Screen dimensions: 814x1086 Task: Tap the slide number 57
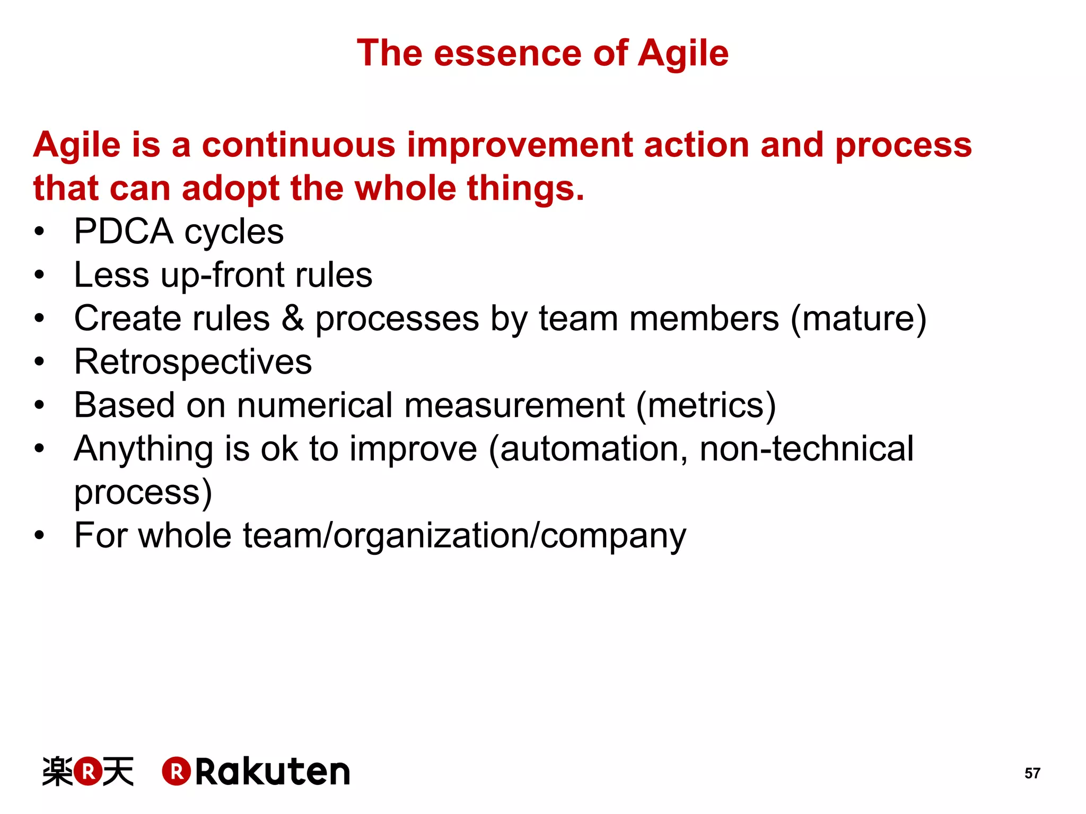pos(1032,773)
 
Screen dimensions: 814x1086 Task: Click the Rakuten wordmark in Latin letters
pos(273,772)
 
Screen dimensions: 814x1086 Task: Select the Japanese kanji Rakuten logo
pos(88,772)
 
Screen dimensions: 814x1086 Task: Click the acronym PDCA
pos(124,232)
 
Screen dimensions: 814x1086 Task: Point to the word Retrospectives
pos(193,362)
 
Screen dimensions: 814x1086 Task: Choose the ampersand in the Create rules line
pos(293,318)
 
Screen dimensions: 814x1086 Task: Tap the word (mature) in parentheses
pos(858,318)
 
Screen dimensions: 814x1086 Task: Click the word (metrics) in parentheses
pos(706,405)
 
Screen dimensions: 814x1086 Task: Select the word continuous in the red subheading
pos(299,145)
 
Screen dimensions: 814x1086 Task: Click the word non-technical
pos(807,449)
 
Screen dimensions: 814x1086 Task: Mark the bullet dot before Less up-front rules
pos(39,275)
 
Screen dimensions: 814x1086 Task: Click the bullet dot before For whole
pos(39,536)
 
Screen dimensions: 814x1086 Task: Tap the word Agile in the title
pos(683,54)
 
